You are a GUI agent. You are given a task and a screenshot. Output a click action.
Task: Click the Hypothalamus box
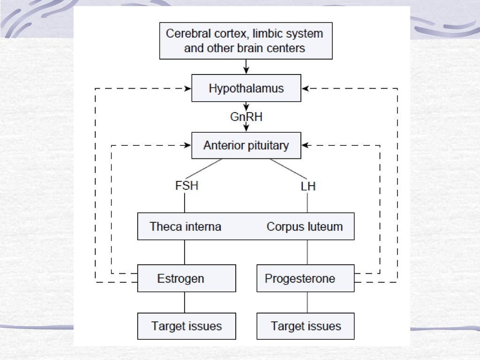tap(246, 88)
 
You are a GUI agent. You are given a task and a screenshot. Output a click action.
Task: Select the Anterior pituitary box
tap(246, 145)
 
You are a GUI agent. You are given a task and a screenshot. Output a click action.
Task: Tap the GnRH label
tap(246, 117)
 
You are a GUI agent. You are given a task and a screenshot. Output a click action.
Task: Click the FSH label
tap(187, 186)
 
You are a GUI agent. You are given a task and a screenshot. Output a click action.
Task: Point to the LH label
tap(308, 186)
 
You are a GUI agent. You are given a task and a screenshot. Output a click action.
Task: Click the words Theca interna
tap(185, 226)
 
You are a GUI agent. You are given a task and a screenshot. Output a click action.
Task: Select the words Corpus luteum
tap(305, 226)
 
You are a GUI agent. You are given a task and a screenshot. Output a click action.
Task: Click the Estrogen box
tap(187, 278)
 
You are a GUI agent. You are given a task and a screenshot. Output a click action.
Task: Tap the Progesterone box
tap(306, 278)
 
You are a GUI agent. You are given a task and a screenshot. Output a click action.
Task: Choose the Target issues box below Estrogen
tap(187, 326)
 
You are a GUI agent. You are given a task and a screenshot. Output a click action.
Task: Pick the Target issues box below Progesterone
tap(306, 326)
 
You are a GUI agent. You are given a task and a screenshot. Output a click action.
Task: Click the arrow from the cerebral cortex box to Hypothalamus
tap(246, 67)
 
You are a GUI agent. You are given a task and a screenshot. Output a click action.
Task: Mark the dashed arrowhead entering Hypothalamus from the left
tap(187, 89)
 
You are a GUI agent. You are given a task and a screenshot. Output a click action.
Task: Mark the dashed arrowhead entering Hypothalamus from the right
tap(305, 89)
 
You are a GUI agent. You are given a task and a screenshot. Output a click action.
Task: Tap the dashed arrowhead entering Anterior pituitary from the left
tap(187, 145)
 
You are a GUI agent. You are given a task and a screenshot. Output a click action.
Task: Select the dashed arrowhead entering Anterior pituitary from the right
tap(305, 145)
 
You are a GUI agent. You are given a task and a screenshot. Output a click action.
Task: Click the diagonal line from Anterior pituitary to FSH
tap(203, 169)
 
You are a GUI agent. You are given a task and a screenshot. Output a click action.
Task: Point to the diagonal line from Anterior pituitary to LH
tap(288, 169)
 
